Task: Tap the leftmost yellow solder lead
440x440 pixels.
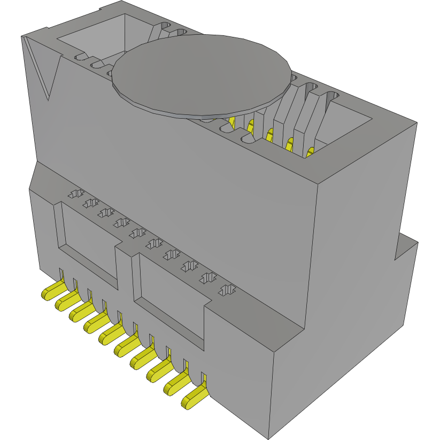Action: (50, 290)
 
